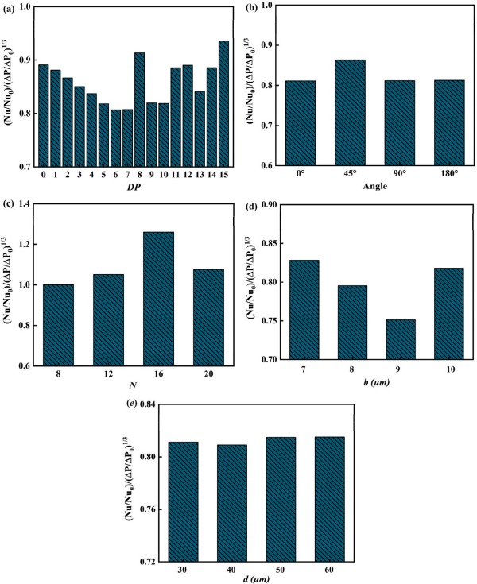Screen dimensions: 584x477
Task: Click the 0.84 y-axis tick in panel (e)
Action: pos(149,404)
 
